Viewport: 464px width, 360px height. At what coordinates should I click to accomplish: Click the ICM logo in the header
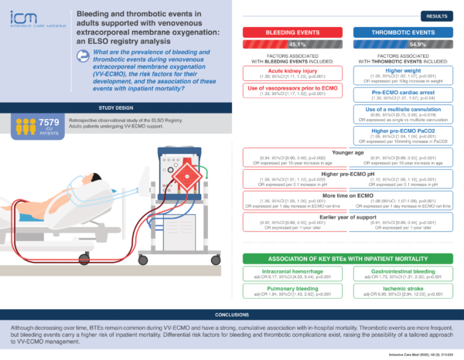click(x=25, y=24)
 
